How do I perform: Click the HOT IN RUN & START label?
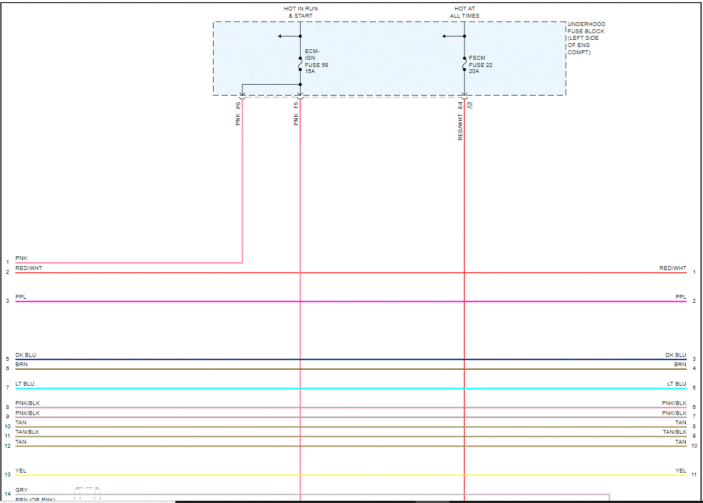301,12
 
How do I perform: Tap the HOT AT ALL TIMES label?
464,12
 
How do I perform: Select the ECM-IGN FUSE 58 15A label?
316,61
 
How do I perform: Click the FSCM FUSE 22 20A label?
480,65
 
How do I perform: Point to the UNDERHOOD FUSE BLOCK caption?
586,38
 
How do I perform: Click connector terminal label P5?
238,105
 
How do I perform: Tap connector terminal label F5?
296,105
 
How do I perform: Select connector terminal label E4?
460,105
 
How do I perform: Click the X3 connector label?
469,105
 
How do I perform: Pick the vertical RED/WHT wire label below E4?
460,127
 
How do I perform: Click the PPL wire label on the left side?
20,297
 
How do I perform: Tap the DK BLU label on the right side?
675,355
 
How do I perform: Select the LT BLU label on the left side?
25,384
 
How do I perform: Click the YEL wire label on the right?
680,471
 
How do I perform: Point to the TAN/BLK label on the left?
27,432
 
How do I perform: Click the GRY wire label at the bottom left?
22,490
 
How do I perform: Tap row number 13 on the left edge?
8,475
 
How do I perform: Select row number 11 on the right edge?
694,475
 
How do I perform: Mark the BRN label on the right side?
680,365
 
